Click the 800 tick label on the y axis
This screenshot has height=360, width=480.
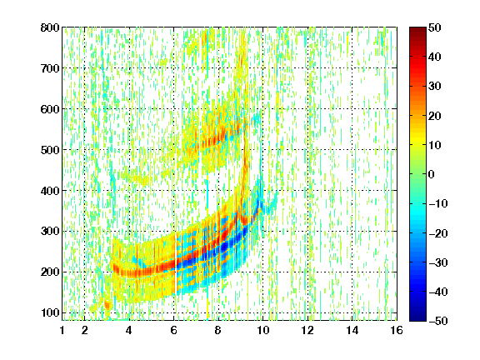(x=50, y=27)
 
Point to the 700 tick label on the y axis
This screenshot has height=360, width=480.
(x=50, y=68)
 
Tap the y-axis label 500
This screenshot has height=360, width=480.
(x=50, y=150)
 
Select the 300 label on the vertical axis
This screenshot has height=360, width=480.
(x=50, y=232)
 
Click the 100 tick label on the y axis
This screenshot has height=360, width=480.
(x=50, y=312)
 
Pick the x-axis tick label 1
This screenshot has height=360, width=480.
(x=62, y=330)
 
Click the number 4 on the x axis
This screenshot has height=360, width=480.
(x=129, y=330)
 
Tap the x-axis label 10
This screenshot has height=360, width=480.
(x=262, y=330)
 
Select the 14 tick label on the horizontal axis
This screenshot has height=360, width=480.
(x=352, y=330)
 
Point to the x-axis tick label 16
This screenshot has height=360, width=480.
(x=397, y=330)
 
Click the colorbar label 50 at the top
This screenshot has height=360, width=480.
(x=435, y=27)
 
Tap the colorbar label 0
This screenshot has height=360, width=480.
(x=432, y=174)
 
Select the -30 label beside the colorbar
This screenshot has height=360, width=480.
(x=438, y=262)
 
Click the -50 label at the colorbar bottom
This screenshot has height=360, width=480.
(x=438, y=321)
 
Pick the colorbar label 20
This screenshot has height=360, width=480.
(x=435, y=116)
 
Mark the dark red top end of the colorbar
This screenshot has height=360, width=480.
(x=417, y=29)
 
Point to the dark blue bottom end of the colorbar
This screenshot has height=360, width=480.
(x=417, y=318)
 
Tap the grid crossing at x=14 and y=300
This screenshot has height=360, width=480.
(x=352, y=232)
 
